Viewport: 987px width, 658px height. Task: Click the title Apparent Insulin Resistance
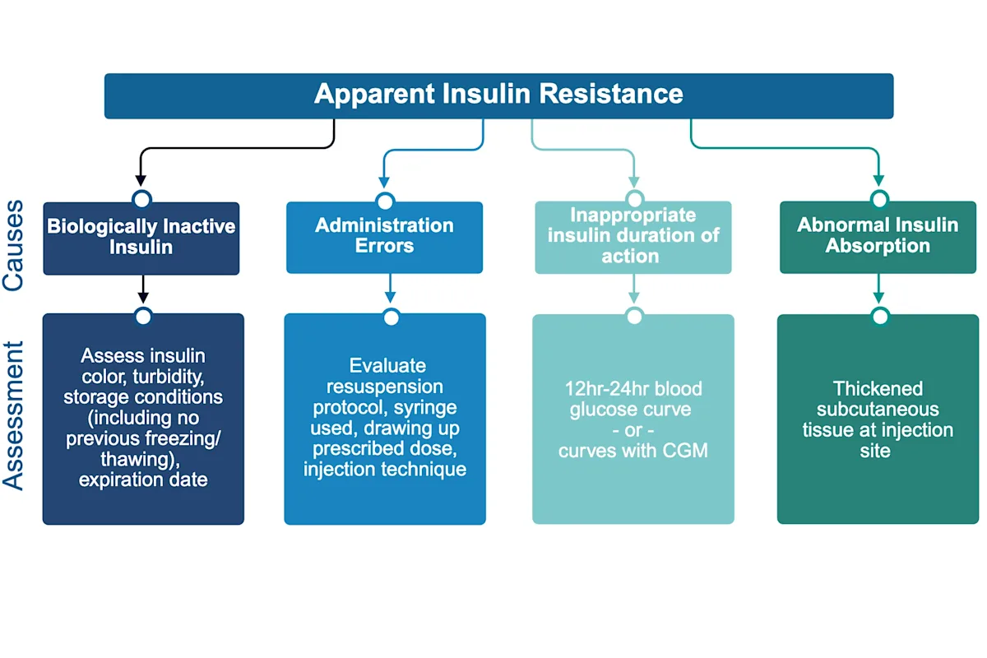point(498,94)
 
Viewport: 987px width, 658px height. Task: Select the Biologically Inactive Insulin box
point(141,237)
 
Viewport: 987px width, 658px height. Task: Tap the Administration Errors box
point(384,236)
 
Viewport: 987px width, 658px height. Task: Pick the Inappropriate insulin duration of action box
point(633,236)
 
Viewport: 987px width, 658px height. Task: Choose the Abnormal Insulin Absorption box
point(878,236)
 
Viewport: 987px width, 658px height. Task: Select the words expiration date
point(143,480)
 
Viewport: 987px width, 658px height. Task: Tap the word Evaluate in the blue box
point(384,365)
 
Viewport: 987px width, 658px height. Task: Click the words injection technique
point(384,470)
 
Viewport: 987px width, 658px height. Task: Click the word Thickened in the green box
point(878,388)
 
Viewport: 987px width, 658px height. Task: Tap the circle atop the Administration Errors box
point(385,202)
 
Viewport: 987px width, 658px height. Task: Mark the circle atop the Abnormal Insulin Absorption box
point(879,199)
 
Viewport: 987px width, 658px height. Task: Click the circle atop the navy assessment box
point(143,317)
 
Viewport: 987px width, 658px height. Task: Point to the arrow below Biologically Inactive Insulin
point(142,290)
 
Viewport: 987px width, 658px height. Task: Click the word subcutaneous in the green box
point(878,409)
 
